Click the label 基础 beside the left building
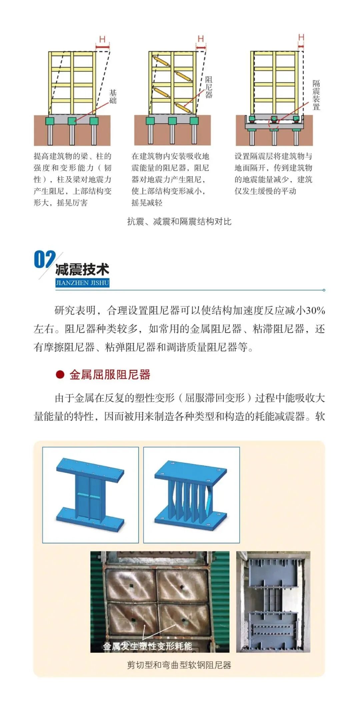pyautogui.click(x=113, y=97)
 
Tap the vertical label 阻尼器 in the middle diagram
pyautogui.click(x=209, y=87)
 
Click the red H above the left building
pyautogui.click(x=102, y=40)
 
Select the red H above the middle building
pyautogui.click(x=201, y=39)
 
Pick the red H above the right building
pyautogui.click(x=301, y=37)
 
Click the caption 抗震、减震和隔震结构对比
pyautogui.click(x=179, y=222)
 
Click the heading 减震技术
pyautogui.click(x=82, y=270)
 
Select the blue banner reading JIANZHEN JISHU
pyautogui.click(x=82, y=283)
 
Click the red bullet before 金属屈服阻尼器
pyautogui.click(x=60, y=374)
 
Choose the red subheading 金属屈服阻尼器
pyautogui.click(x=110, y=374)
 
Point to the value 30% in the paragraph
pyautogui.click(x=315, y=311)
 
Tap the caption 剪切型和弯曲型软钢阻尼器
pyautogui.click(x=179, y=665)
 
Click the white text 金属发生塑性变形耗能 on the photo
pyautogui.click(x=147, y=646)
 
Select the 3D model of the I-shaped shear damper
pyautogui.click(x=90, y=495)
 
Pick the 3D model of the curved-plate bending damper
pyautogui.click(x=191, y=495)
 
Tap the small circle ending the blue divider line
pyautogui.click(x=324, y=290)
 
